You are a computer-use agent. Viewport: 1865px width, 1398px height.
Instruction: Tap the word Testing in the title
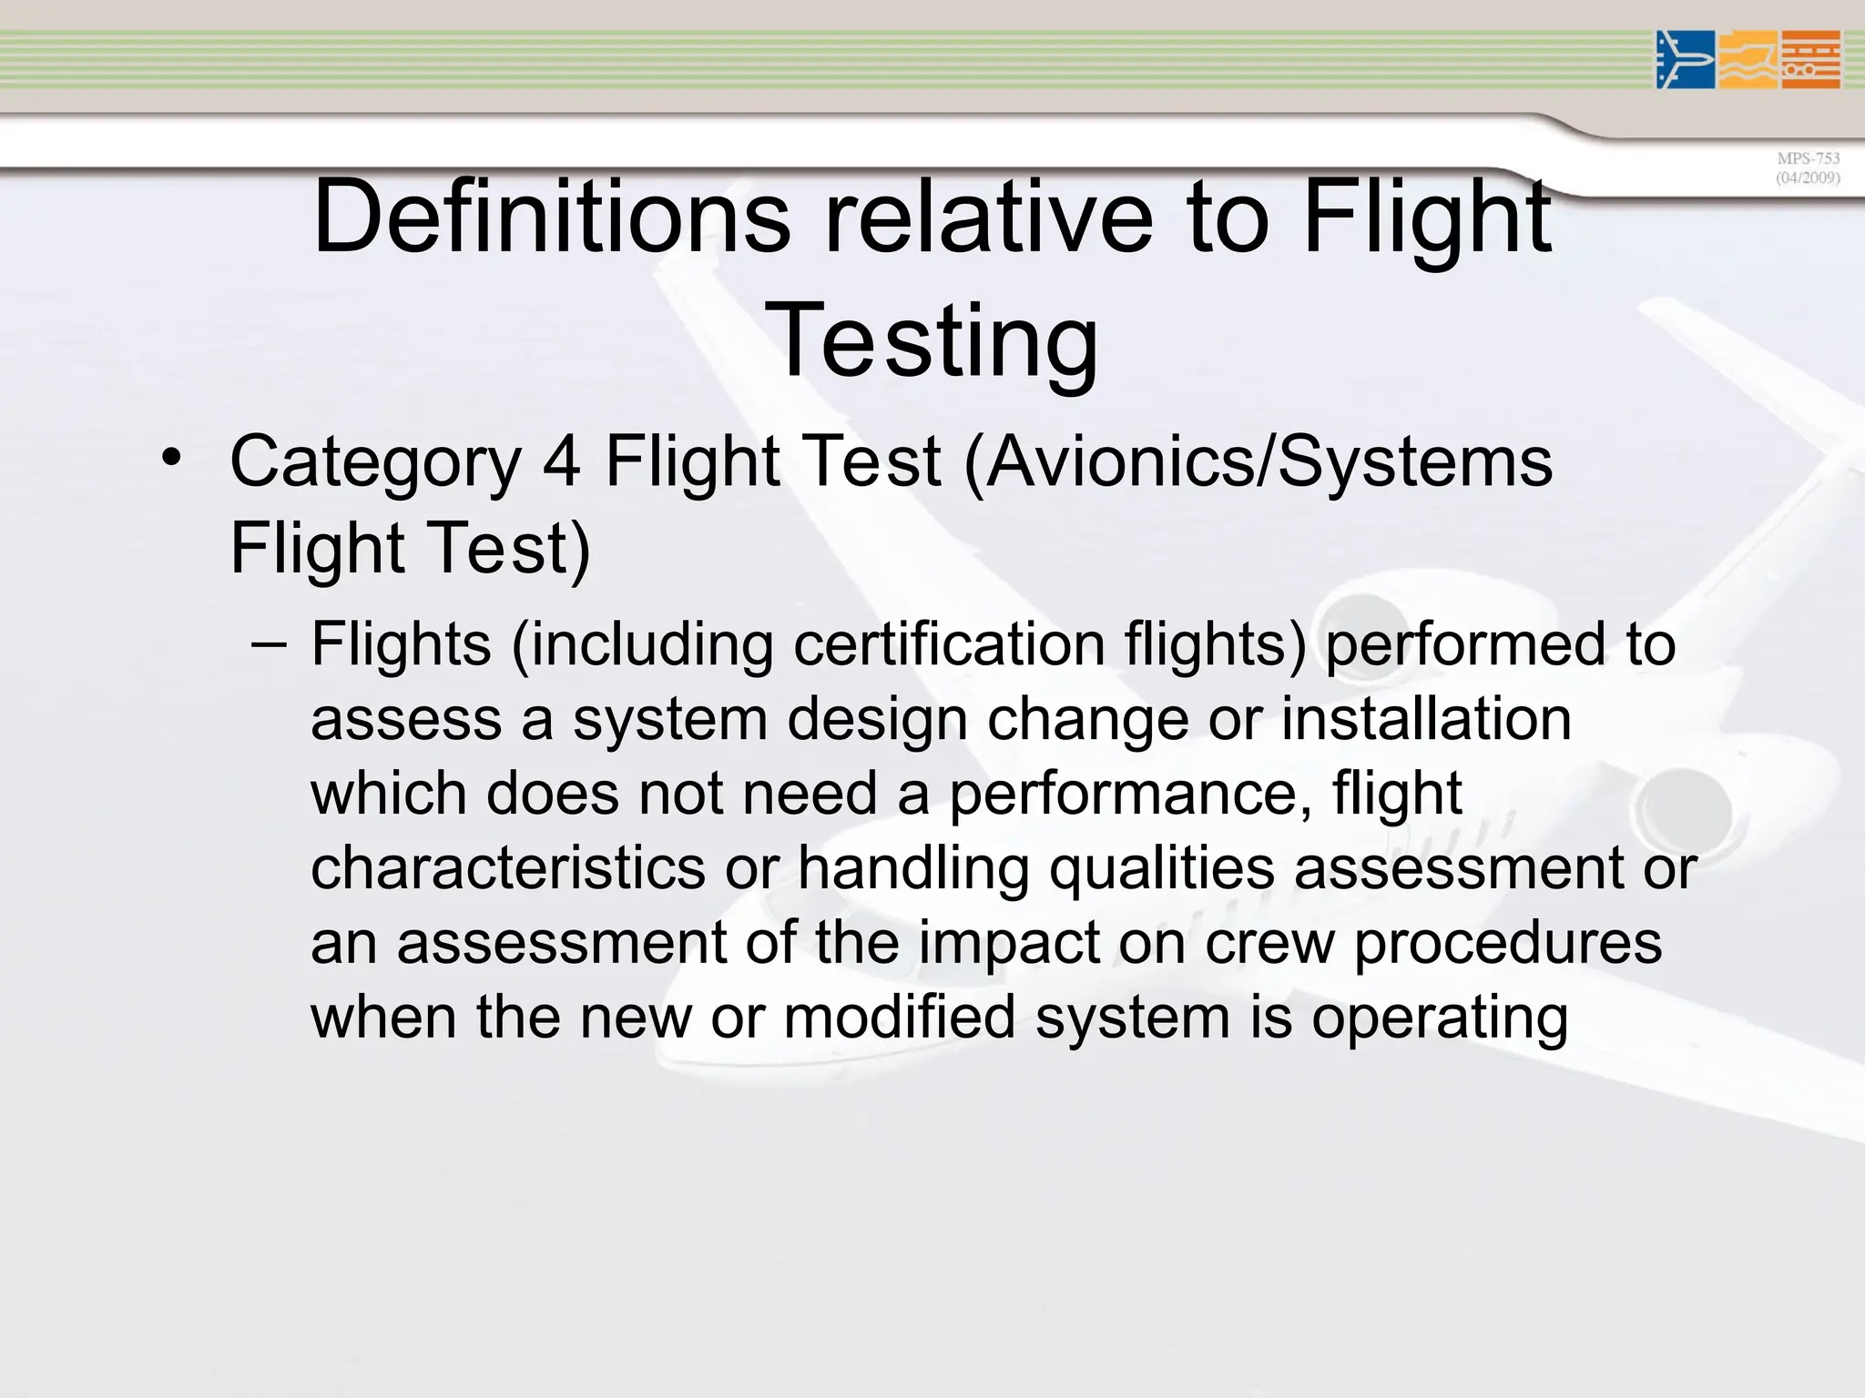click(932, 340)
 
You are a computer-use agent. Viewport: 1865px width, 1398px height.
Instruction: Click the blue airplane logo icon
click(1685, 60)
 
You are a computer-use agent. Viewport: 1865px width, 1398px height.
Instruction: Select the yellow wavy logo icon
click(1748, 60)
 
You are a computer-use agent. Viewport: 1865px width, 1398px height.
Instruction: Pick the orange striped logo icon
click(1811, 60)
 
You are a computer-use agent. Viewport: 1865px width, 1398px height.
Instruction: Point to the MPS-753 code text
click(1808, 158)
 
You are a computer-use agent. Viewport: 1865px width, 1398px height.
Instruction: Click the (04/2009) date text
click(1808, 177)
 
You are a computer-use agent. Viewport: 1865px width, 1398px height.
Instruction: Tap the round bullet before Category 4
click(170, 457)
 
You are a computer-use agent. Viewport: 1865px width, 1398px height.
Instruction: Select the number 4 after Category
click(562, 461)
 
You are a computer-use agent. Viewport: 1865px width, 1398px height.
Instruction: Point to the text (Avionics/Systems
click(1258, 462)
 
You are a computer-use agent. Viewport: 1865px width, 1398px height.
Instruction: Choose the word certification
click(949, 644)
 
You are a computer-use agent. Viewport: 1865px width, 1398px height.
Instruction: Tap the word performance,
click(1130, 795)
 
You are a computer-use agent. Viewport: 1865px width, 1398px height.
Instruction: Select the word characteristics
click(508, 867)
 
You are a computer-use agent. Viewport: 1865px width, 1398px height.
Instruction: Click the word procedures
click(1508, 944)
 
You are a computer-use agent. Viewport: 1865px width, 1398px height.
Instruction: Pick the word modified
click(899, 1017)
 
